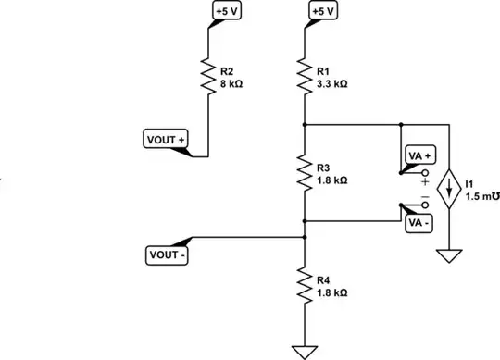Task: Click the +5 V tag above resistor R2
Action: (x=225, y=11)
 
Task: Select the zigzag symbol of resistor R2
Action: (x=207, y=74)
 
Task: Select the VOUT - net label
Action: (x=167, y=254)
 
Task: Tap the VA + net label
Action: (x=419, y=157)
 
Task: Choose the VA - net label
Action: (x=419, y=223)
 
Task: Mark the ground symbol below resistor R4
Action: (x=303, y=351)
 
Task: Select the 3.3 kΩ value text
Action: (x=331, y=82)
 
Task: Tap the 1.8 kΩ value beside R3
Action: (x=331, y=180)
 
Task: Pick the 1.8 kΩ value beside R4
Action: (x=331, y=292)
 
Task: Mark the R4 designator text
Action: (x=323, y=279)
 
